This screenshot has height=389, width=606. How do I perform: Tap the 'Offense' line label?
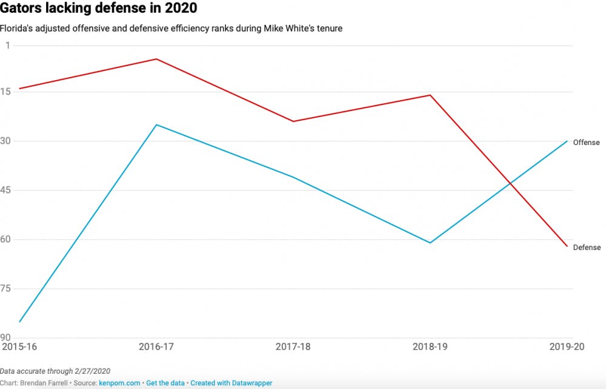point(586,143)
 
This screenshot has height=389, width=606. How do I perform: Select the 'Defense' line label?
point(587,248)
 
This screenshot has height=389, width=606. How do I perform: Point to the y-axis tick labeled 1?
point(8,46)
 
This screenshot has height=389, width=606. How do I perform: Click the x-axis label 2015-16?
point(19,347)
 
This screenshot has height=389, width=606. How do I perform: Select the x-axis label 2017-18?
point(293,347)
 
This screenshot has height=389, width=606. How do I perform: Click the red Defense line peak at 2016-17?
point(156,59)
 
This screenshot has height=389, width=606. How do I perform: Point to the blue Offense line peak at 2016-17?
point(156,125)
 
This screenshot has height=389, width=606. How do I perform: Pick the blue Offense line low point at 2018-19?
point(430,243)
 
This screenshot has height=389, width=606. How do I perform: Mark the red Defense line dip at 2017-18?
point(293,121)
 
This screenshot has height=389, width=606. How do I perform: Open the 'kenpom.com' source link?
point(119,383)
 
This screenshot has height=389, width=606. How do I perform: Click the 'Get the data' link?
point(165,383)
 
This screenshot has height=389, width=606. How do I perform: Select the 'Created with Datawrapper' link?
point(231,383)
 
